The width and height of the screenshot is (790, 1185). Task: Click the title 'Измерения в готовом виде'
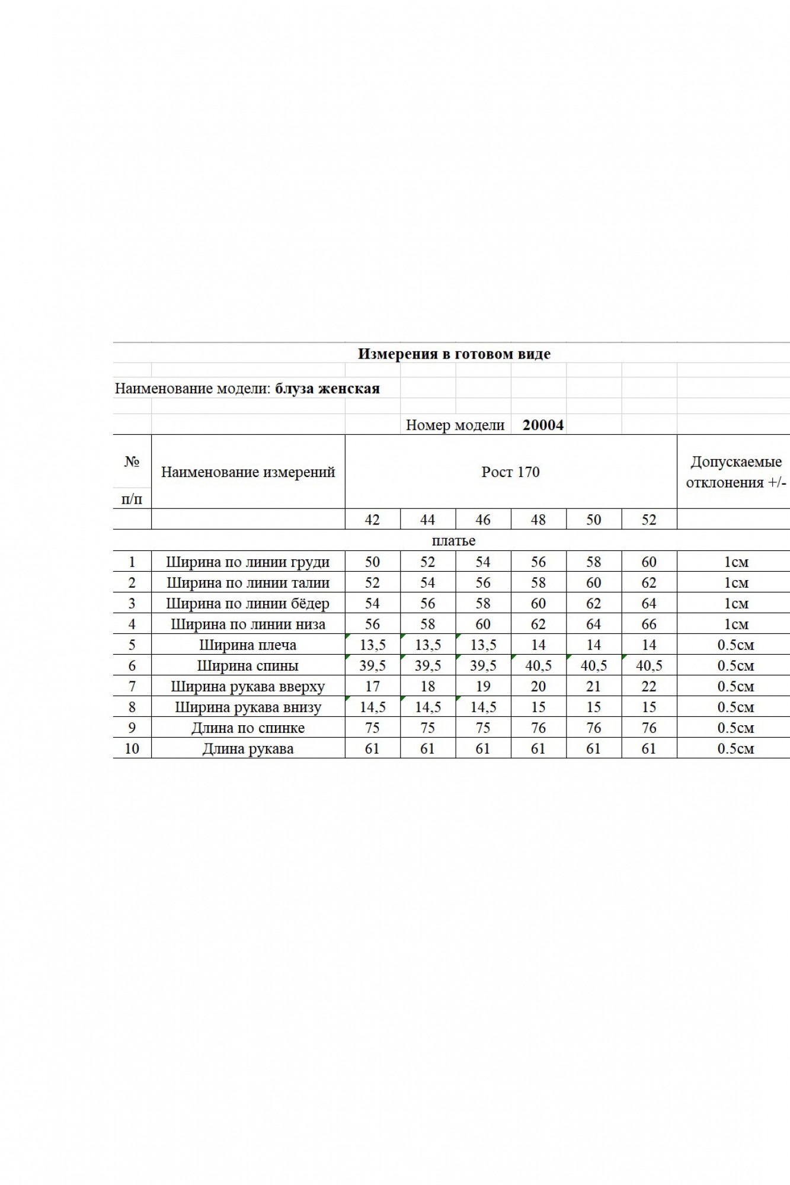(454, 354)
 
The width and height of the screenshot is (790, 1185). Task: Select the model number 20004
(543, 425)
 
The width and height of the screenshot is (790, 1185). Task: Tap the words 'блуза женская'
(327, 389)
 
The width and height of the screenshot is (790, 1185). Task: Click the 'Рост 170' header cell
(510, 472)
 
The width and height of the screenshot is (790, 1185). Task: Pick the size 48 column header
(538, 520)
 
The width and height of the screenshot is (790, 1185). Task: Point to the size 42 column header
(372, 520)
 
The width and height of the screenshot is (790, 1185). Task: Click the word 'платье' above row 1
(453, 540)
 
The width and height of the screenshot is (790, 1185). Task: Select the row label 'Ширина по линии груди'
(248, 562)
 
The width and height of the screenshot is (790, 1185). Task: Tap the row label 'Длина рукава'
(248, 748)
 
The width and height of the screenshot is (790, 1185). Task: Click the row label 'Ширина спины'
(248, 665)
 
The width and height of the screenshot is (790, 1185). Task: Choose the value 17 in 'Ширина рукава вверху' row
(372, 686)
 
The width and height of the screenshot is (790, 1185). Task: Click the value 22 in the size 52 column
(649, 686)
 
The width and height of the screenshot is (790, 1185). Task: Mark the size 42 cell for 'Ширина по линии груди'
(372, 562)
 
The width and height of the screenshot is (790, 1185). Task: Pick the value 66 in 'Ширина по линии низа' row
(649, 624)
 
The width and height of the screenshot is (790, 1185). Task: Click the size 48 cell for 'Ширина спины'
(538, 665)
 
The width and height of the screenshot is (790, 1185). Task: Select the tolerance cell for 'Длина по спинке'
(735, 728)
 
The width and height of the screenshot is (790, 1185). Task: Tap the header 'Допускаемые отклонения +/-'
(735, 472)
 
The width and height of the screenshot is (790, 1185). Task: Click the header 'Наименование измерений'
(248, 472)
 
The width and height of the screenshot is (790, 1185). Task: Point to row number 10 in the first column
(132, 748)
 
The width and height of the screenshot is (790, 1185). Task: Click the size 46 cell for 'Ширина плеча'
(483, 645)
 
